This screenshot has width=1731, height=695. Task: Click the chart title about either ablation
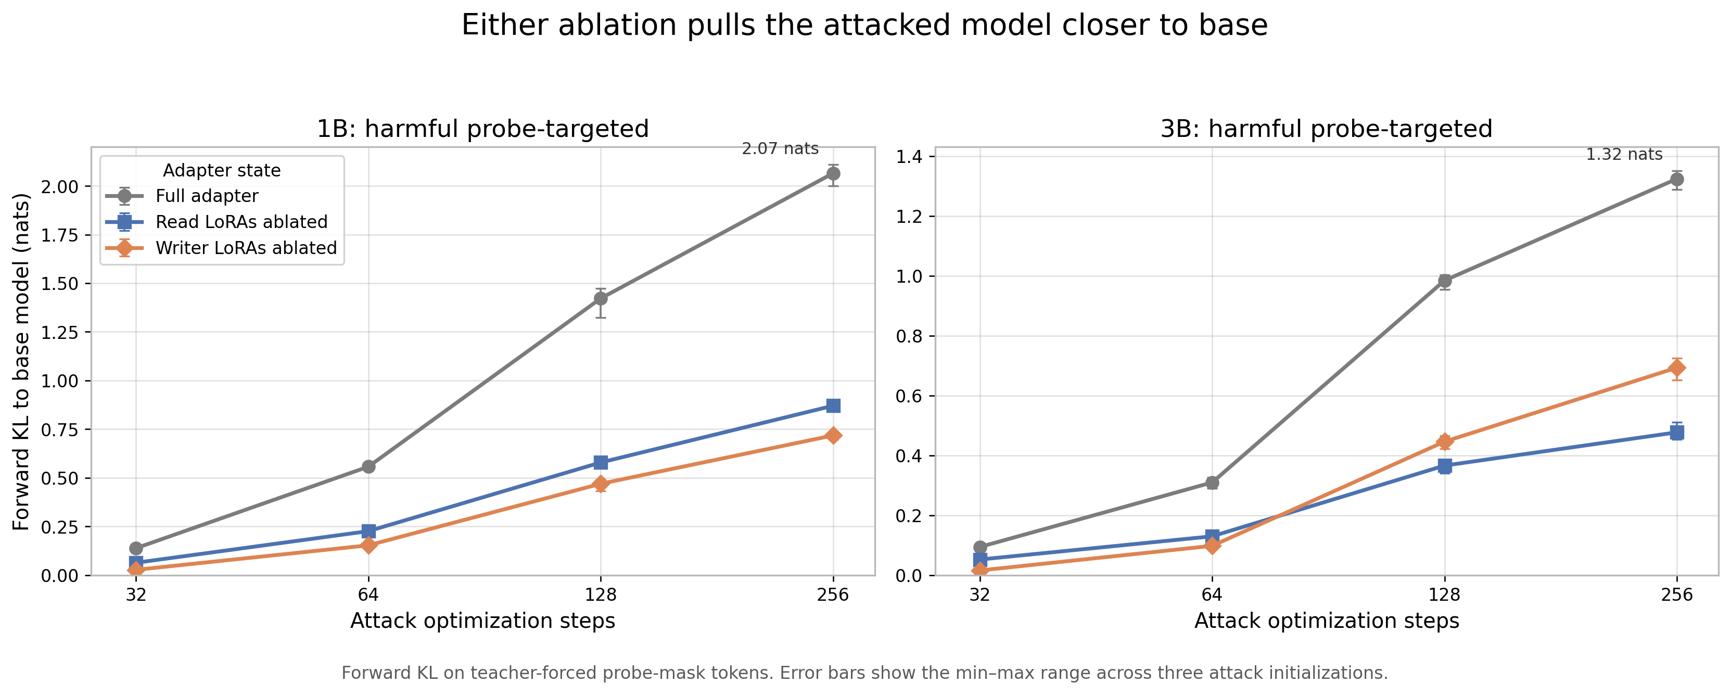864,26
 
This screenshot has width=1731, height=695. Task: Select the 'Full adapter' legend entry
182,196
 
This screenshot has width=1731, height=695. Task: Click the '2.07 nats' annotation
780,148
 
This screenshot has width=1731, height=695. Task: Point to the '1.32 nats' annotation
1624,155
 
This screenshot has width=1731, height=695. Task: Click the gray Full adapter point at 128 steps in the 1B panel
601,298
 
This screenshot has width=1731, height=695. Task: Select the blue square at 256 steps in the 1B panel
833,406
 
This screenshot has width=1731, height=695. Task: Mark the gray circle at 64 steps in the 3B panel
1212,483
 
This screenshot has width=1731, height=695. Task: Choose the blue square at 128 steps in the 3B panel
1445,466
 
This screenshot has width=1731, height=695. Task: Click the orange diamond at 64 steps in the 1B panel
368,545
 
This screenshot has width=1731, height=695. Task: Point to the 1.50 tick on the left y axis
60,284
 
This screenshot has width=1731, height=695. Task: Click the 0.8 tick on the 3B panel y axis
909,336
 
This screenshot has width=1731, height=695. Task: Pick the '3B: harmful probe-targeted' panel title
1327,129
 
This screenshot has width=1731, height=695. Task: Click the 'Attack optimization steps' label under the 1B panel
482,621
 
